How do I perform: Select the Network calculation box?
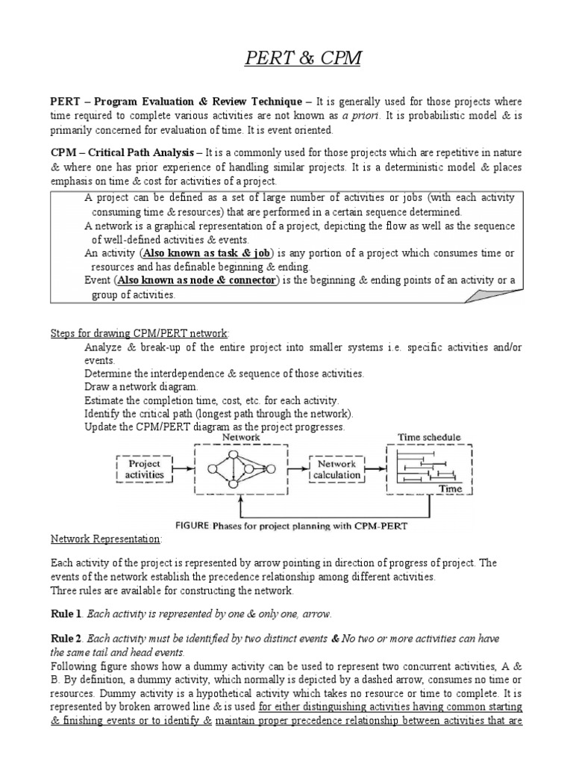[336, 469]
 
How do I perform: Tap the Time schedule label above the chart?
[429, 437]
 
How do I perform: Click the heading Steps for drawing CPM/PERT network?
[140, 332]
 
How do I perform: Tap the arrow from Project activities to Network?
[183, 468]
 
